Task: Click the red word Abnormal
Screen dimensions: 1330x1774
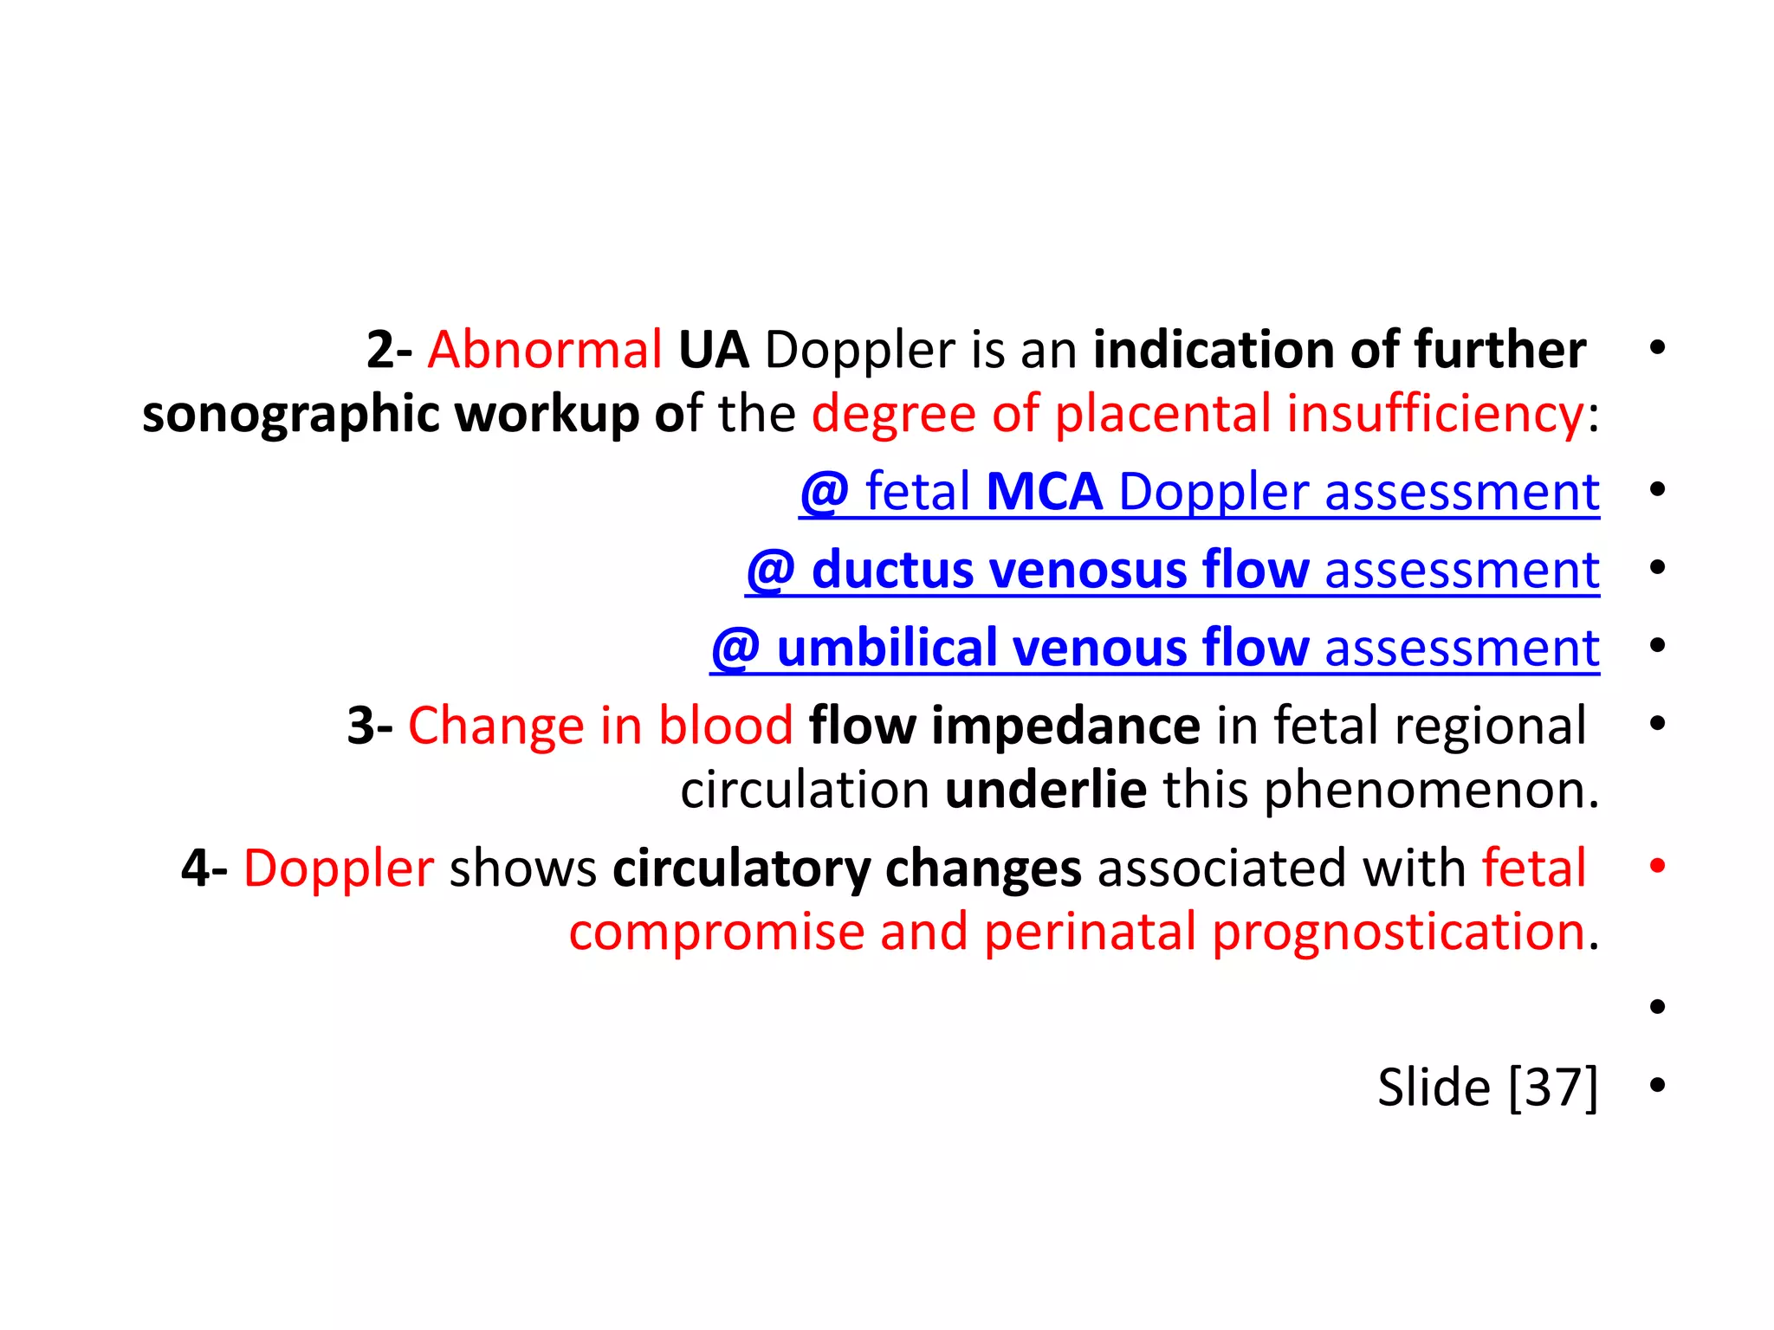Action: tap(545, 351)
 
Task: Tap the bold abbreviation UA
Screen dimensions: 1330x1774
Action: tap(713, 351)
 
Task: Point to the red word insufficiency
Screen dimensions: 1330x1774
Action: tap(1435, 413)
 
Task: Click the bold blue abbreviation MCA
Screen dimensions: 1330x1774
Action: tap(1044, 492)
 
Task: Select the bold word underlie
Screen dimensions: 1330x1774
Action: tap(1046, 790)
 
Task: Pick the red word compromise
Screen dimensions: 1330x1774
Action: tap(716, 933)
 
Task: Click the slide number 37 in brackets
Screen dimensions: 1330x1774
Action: tap(1553, 1088)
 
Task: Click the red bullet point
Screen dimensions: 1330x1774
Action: tap(1657, 866)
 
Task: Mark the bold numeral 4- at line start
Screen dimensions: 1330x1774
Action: tap(204, 868)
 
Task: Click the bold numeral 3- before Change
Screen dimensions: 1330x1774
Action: tap(370, 726)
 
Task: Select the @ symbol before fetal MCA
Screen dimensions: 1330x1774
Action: tap(824, 492)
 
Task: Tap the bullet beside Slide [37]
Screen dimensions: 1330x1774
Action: tap(1657, 1085)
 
